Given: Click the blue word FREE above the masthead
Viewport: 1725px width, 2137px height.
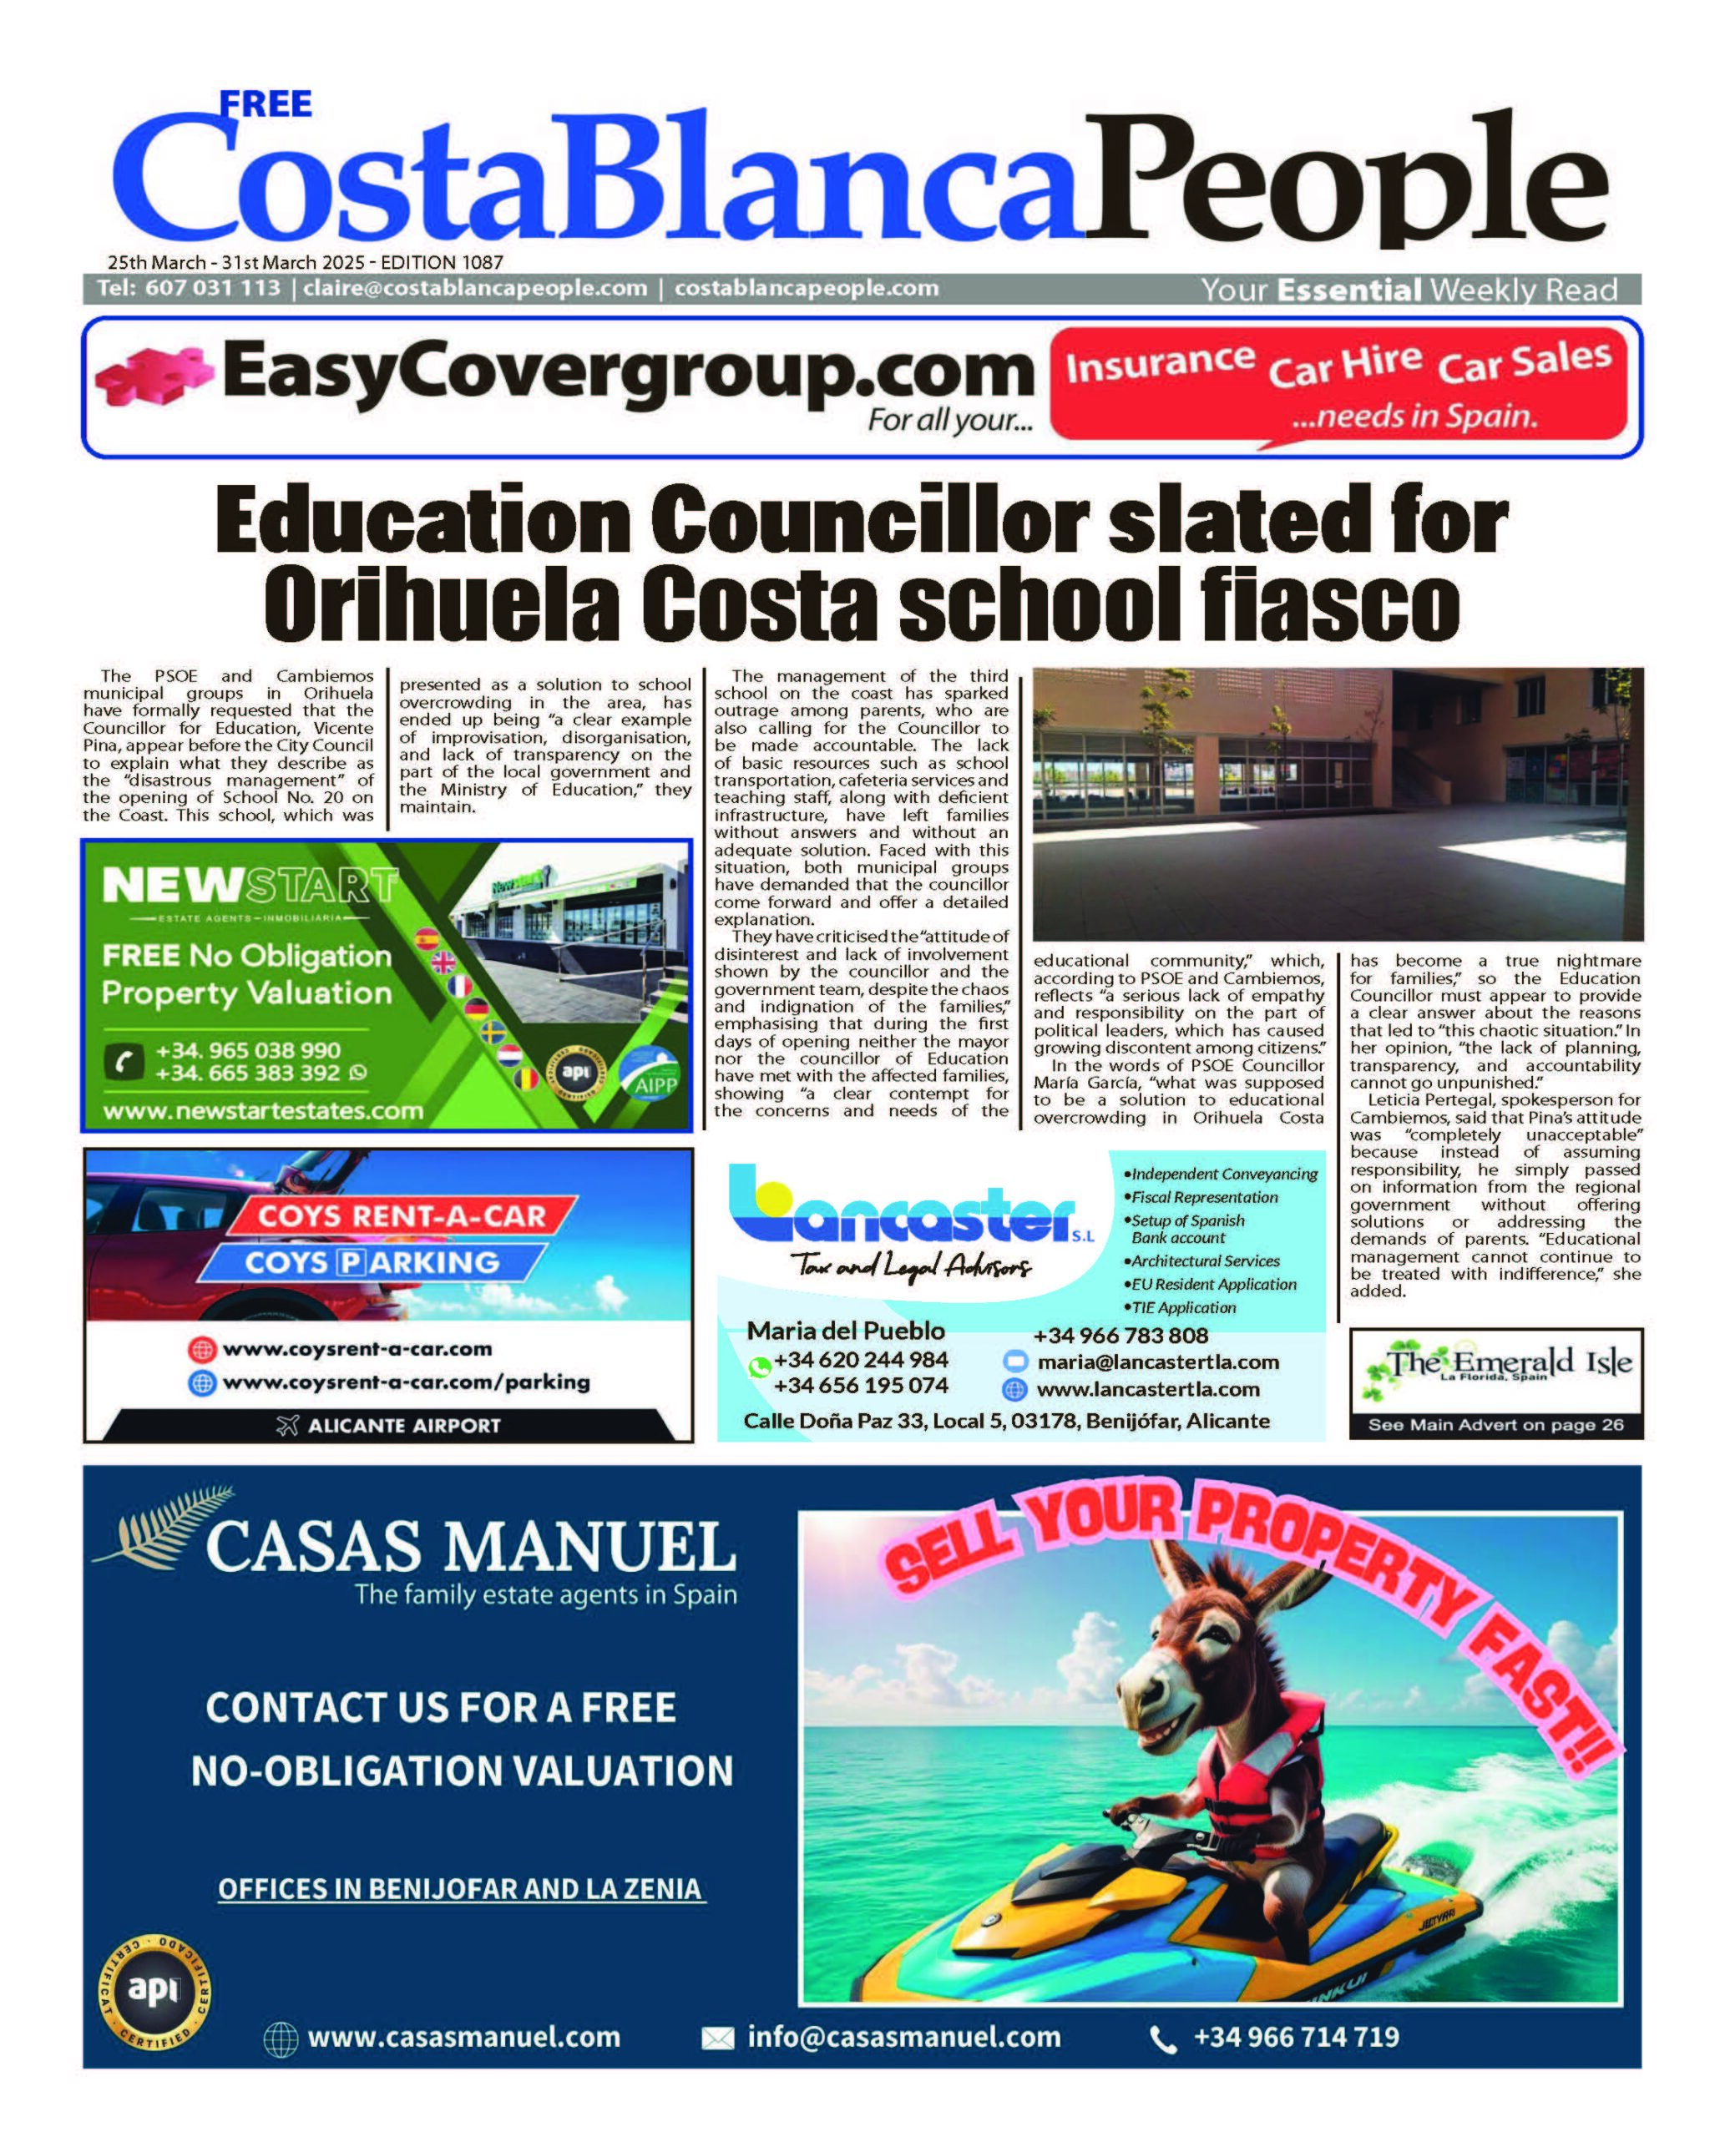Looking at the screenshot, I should coord(266,104).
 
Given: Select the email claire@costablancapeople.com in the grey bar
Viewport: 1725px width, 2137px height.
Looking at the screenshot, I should coord(475,288).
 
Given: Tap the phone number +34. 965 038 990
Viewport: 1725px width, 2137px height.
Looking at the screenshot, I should coord(249,1050).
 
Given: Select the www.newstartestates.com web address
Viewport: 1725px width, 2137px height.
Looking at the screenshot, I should coord(263,1111).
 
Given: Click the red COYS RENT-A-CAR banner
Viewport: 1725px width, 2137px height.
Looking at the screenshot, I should coord(402,1216).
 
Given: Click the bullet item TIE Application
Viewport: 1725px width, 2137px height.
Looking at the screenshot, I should coord(1183,1307).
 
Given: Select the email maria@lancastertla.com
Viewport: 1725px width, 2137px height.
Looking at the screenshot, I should coord(1157,1362).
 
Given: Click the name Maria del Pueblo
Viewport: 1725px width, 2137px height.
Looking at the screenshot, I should coord(846,1331).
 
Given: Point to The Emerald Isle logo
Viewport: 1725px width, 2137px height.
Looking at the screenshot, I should coord(1495,1364).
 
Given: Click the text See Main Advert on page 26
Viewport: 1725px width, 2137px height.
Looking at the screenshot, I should coord(1495,1425).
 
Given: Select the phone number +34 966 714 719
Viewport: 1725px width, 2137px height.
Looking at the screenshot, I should coord(1296,2037).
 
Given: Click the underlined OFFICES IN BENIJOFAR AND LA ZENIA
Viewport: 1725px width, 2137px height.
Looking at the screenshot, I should coord(461,1888).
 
